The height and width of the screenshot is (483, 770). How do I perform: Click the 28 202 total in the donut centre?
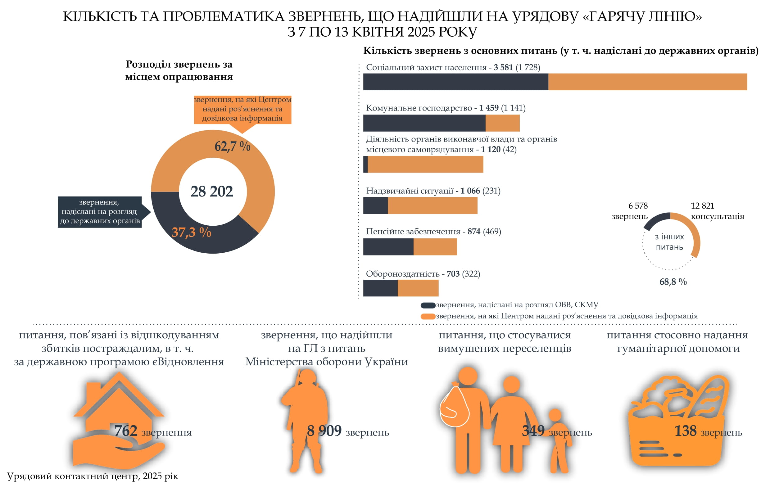pyautogui.click(x=211, y=191)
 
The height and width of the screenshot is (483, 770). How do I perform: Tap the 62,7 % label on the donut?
pyautogui.click(x=232, y=146)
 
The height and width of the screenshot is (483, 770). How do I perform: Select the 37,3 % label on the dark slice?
pyautogui.click(x=191, y=232)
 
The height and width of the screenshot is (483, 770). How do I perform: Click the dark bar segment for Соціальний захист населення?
pyautogui.click(x=455, y=82)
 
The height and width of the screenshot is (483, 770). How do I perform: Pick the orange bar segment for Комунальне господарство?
pyautogui.click(x=503, y=123)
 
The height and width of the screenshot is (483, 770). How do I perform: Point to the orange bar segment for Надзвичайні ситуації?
pyautogui.click(x=433, y=205)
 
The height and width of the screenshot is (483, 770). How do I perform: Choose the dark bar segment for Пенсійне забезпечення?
pyautogui.click(x=388, y=246)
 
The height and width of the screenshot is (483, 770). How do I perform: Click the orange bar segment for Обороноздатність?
pyautogui.click(x=418, y=288)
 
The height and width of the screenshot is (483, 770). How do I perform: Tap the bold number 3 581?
pyautogui.click(x=503, y=67)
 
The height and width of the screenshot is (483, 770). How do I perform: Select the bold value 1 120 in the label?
pyautogui.click(x=491, y=149)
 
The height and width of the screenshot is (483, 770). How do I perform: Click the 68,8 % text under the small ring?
pyautogui.click(x=673, y=282)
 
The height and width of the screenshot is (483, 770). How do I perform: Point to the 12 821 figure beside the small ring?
pyautogui.click(x=702, y=206)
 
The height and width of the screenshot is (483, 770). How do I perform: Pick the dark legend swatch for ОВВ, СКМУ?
pyautogui.click(x=428, y=305)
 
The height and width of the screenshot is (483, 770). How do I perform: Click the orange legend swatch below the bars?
pyautogui.click(x=428, y=317)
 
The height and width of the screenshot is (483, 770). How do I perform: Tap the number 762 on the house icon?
pyautogui.click(x=126, y=431)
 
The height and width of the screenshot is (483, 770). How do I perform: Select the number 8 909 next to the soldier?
pyautogui.click(x=324, y=431)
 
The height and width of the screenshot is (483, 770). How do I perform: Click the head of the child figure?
pyautogui.click(x=555, y=415)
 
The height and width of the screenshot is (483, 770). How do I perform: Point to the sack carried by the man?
pyautogui.click(x=454, y=405)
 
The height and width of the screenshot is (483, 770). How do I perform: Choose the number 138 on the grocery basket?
pyautogui.click(x=685, y=431)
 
